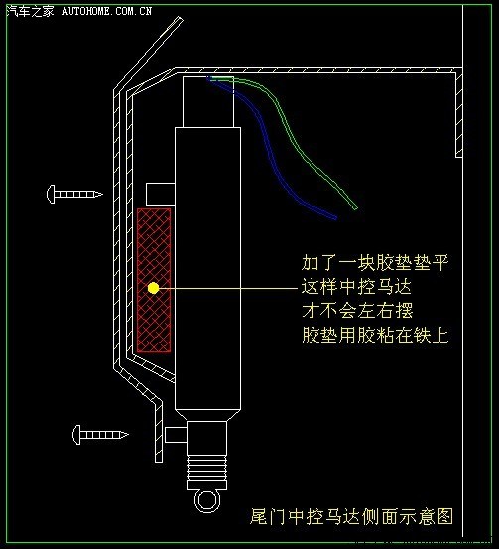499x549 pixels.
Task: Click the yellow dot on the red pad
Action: tap(153, 288)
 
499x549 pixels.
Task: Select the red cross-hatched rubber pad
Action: tap(154, 280)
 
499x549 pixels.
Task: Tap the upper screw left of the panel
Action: tap(74, 194)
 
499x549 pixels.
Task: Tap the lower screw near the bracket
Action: tap(100, 435)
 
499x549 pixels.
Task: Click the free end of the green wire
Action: tap(355, 208)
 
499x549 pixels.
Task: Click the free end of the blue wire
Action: tap(335, 218)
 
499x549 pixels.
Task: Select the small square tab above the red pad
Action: tap(161, 194)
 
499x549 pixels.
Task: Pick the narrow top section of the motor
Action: tap(208, 102)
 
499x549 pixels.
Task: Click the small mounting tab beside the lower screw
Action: tap(176, 435)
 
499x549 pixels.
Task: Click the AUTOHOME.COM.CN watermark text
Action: tap(107, 11)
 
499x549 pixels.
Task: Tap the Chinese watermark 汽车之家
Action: tap(31, 11)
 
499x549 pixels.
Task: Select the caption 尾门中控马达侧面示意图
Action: tap(351, 516)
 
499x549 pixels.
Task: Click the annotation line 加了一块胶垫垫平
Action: tap(375, 263)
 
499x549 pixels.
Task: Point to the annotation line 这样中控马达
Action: tap(356, 287)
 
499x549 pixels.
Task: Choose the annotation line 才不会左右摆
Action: tap(357, 311)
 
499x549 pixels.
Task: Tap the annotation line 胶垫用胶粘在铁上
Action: tap(375, 335)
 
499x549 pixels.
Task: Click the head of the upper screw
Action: tap(51, 194)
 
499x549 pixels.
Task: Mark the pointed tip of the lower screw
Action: tap(127, 435)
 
